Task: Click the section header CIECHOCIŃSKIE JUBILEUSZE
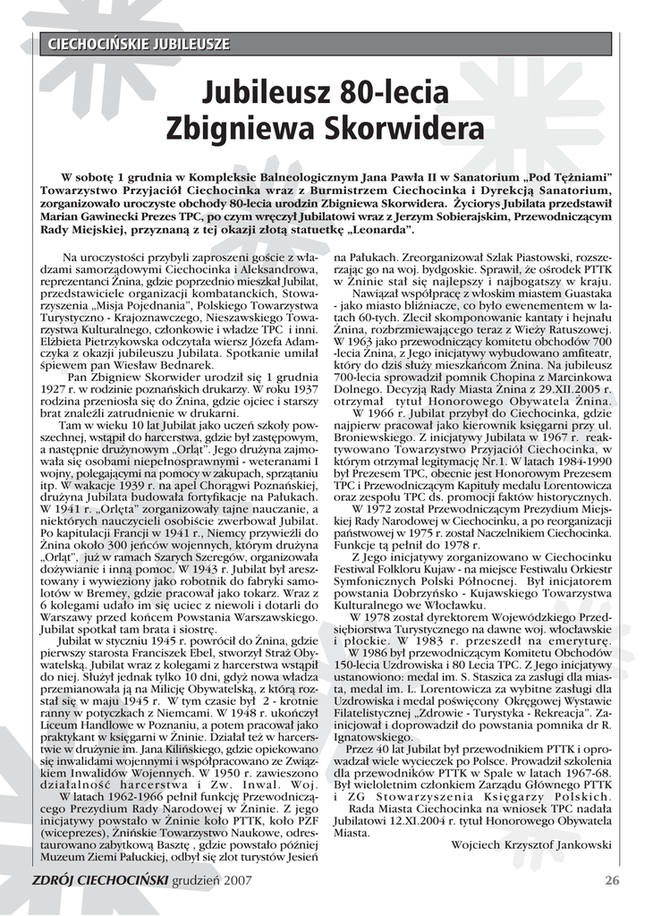(x=139, y=44)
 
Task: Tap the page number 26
(x=612, y=880)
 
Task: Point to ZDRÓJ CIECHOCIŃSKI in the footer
(x=99, y=880)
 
